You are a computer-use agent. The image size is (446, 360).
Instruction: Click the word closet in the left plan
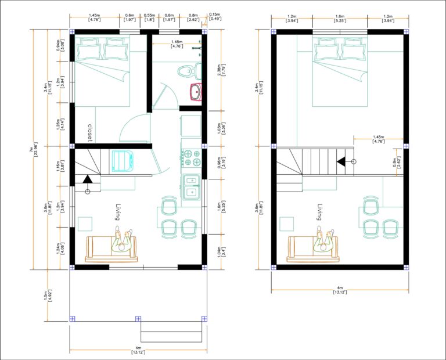(90, 132)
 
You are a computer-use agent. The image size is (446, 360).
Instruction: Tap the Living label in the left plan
(117, 211)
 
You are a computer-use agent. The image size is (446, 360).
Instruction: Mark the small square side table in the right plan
(286, 224)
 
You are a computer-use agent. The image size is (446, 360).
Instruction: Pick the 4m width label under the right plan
(339, 290)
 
